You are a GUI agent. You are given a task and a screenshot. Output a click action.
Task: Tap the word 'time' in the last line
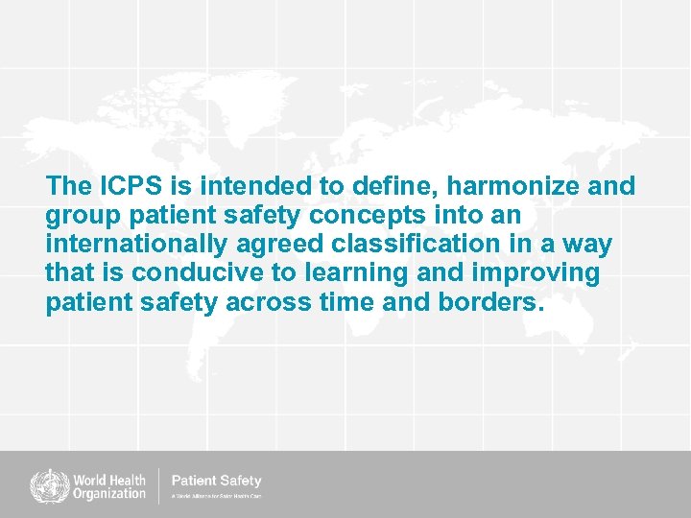pos(372,303)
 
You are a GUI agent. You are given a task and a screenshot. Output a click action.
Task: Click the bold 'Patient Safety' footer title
pos(216,480)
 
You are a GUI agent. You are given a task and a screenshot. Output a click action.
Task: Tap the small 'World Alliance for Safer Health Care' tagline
pos(216,497)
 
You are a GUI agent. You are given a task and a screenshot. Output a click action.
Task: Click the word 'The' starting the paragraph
pos(67,186)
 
